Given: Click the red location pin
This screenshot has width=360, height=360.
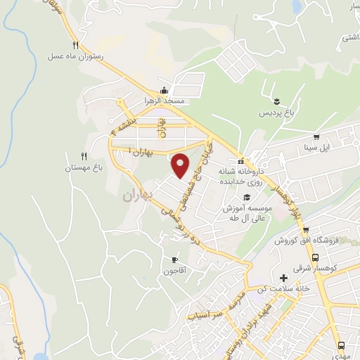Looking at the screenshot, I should [181, 165].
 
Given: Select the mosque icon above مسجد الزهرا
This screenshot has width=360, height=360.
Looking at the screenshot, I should [164, 90].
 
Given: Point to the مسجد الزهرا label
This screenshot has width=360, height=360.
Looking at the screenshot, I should [164, 101].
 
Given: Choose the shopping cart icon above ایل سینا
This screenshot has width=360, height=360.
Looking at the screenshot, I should [316, 137].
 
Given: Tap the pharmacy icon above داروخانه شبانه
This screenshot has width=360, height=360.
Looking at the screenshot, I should [240, 160].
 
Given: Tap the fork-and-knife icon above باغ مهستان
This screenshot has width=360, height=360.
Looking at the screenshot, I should [84, 156].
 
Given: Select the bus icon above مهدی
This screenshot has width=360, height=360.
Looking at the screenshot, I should [341, 345].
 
